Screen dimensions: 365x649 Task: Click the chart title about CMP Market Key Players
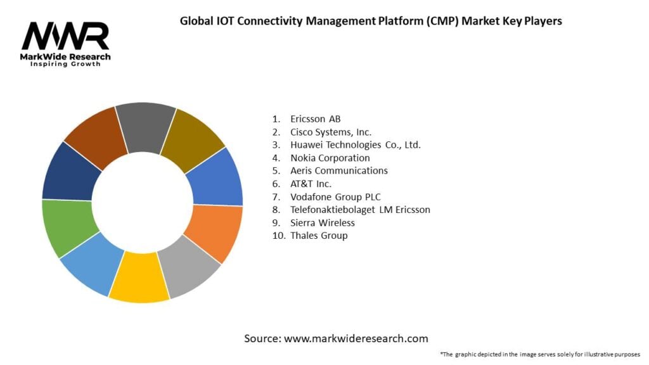[x=371, y=20]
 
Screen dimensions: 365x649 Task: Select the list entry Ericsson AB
[x=315, y=118]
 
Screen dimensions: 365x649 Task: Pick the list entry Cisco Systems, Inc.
[x=330, y=132]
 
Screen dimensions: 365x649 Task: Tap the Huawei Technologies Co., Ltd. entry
[x=355, y=144]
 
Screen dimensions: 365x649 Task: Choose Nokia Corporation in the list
[x=330, y=158]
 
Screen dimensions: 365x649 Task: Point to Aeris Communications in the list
[x=338, y=170]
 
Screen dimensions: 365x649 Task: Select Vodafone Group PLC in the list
[x=335, y=196]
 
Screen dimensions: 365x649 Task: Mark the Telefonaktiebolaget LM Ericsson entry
[x=360, y=210]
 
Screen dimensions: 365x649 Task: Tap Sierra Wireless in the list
[x=322, y=222]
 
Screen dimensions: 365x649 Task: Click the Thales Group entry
[x=319, y=236]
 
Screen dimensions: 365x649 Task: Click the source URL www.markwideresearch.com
[x=356, y=338]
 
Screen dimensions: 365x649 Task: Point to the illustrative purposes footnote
[x=540, y=354]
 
